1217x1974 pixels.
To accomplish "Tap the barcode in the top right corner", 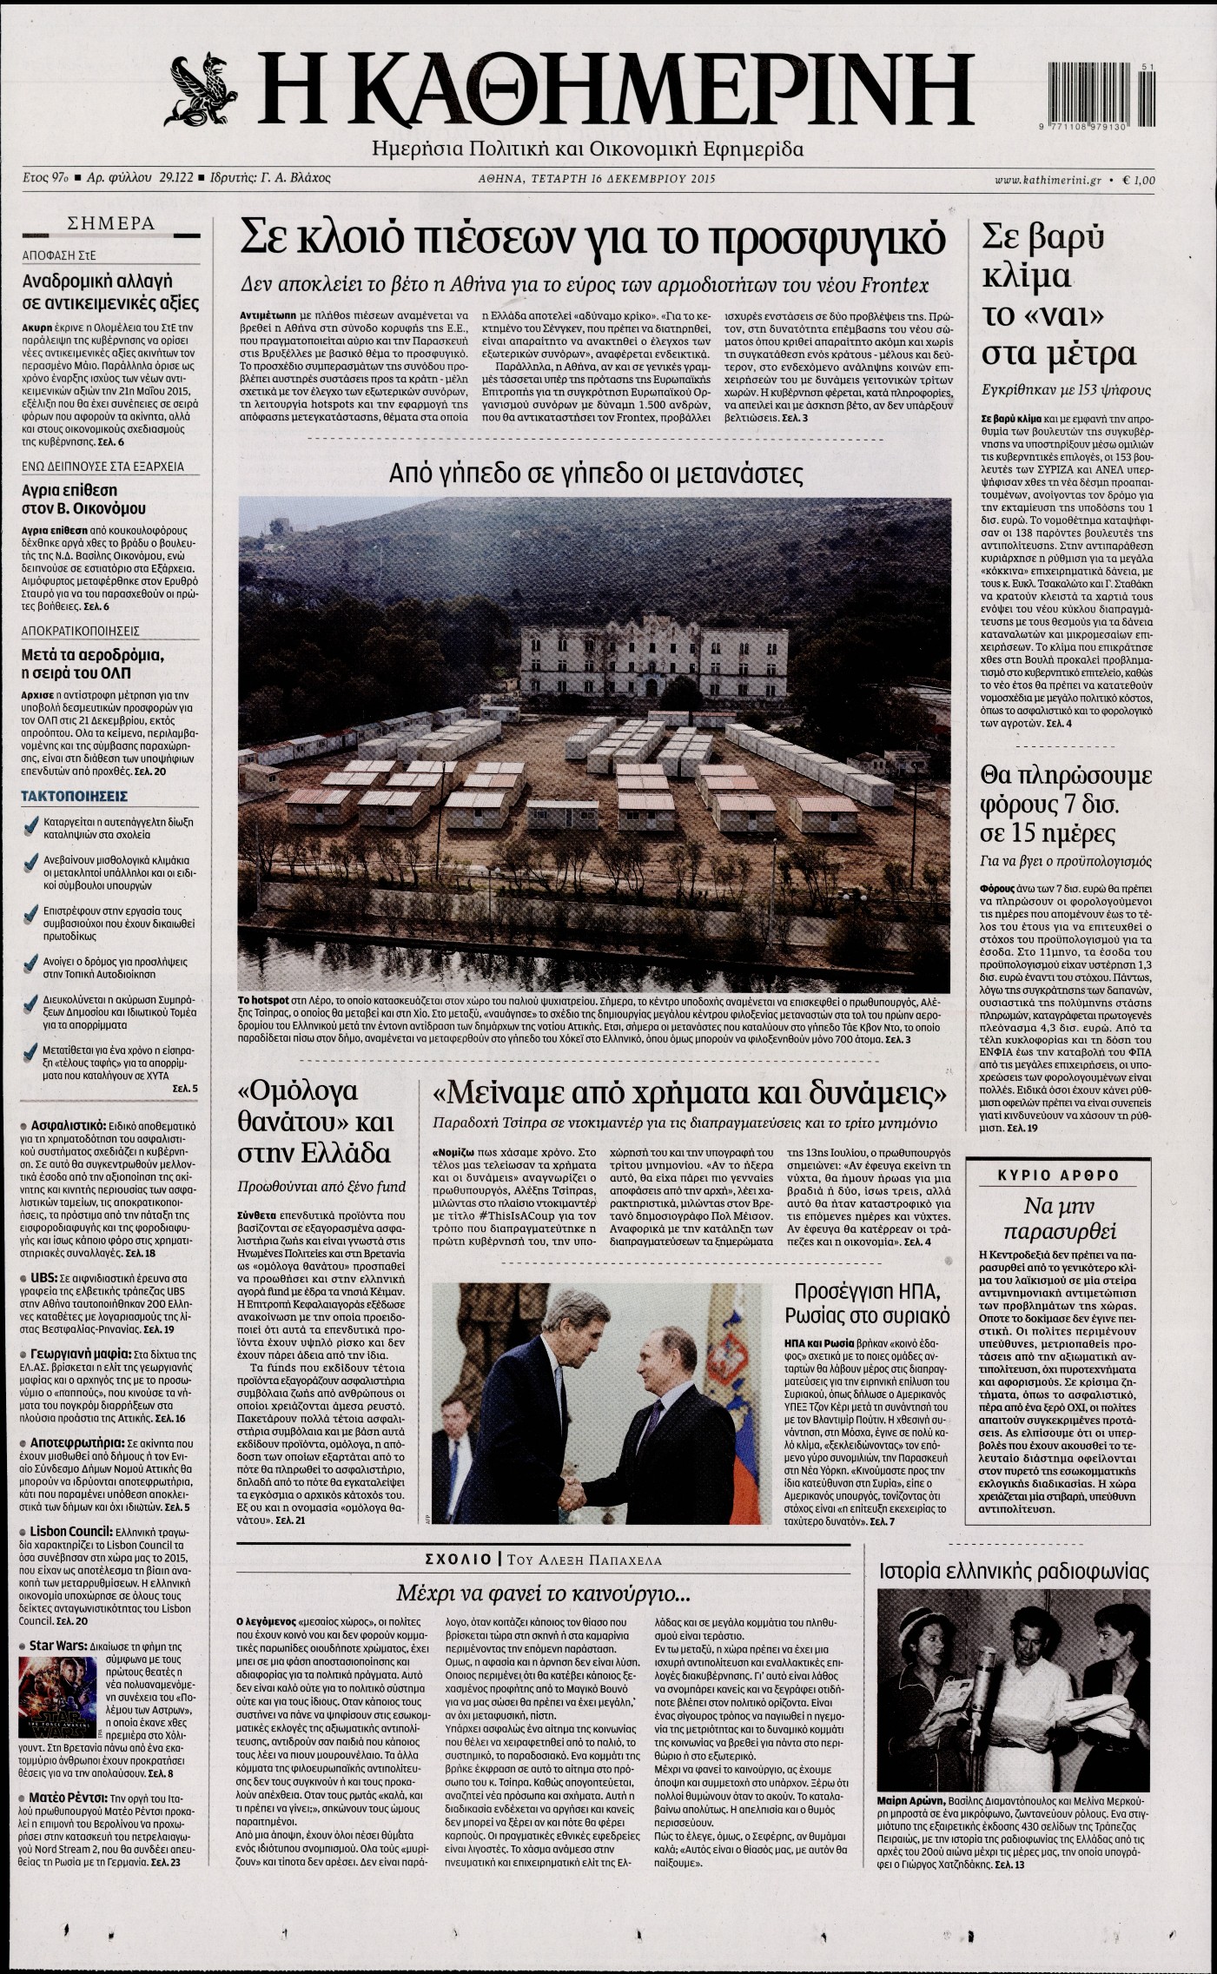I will (1098, 96).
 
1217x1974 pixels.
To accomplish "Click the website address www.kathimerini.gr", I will (1048, 180).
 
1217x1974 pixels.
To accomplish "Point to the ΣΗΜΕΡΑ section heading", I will (111, 223).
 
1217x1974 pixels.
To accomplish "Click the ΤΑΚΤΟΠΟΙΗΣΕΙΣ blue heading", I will (74, 796).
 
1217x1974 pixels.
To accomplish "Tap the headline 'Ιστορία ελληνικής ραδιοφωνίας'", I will (1014, 1571).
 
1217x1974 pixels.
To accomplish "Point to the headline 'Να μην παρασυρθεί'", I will (1058, 1218).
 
